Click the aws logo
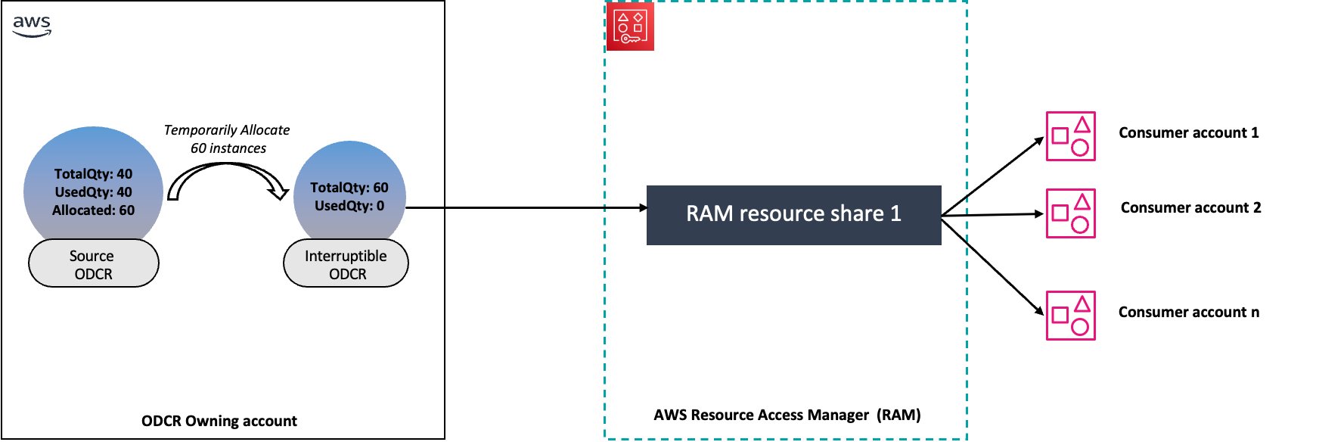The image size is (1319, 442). coord(32,25)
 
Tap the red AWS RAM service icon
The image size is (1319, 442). coord(630,26)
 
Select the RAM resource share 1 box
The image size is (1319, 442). coord(793,214)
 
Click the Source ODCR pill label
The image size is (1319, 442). coord(93,264)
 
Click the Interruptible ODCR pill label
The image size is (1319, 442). coord(346,264)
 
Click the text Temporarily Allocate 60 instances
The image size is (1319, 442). coord(227,139)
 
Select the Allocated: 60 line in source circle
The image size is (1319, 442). coord(93,210)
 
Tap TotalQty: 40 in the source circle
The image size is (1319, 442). coord(93,174)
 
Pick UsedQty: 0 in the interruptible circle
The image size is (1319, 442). coord(349,206)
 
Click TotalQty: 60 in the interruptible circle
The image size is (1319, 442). coord(349,188)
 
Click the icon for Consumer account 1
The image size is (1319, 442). coord(1070,136)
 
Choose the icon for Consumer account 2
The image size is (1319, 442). coord(1070,213)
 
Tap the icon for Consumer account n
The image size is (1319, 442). coord(1070,316)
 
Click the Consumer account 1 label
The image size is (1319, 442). coord(1188,133)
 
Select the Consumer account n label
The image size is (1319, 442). coord(1188,313)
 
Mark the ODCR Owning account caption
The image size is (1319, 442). coord(219,421)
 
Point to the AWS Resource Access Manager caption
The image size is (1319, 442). coord(787,415)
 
